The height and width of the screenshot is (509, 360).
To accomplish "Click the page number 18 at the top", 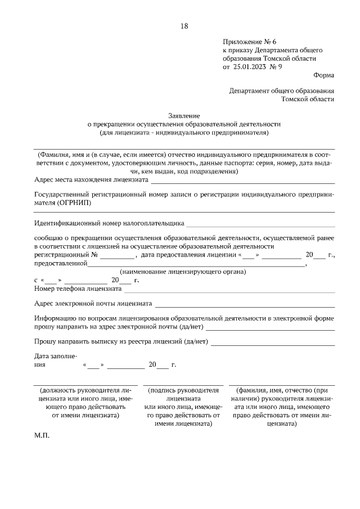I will click(x=184, y=26).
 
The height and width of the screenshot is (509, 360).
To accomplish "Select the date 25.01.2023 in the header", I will click(x=251, y=66).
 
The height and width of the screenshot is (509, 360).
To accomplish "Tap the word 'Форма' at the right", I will click(x=323, y=75).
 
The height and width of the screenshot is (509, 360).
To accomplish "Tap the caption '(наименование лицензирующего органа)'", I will click(x=183, y=272).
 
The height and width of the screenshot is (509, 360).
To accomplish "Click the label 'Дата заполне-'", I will click(x=56, y=356).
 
